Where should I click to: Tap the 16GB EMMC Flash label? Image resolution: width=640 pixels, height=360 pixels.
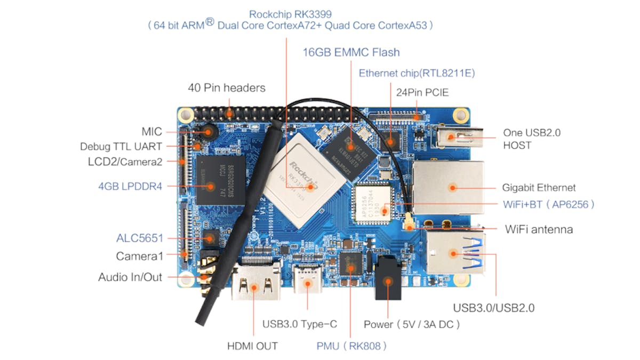(x=351, y=52)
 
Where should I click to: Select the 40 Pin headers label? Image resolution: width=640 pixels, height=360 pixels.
(x=227, y=87)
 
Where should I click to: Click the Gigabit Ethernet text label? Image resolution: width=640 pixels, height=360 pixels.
(x=539, y=188)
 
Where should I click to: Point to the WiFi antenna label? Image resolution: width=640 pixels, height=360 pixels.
(x=539, y=229)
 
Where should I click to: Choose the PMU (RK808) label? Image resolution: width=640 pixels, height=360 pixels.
(x=351, y=346)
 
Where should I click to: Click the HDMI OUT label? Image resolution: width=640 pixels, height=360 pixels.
(x=253, y=346)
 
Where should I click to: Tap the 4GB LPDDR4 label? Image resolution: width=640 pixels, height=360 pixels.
(x=130, y=186)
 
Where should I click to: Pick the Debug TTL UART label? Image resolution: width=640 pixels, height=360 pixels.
(x=121, y=146)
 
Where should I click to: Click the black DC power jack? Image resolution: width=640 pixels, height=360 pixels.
(x=389, y=280)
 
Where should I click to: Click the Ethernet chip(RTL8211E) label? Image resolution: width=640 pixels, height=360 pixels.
(x=417, y=73)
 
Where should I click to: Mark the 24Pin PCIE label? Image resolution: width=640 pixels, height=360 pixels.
(x=422, y=92)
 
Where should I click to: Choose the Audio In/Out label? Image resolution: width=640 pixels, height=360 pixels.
(x=130, y=277)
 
